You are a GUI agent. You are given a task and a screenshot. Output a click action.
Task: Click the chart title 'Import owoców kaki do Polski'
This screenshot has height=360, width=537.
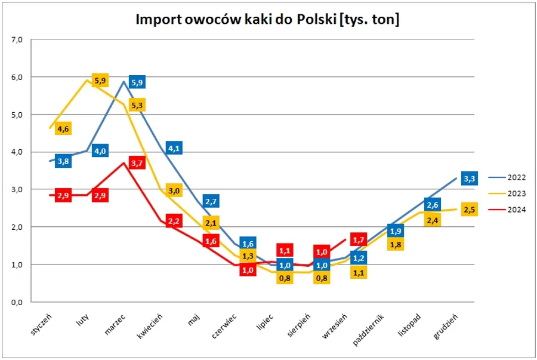(x=268, y=20)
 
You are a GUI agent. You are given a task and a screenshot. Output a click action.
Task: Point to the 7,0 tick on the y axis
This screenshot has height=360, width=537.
(x=16, y=40)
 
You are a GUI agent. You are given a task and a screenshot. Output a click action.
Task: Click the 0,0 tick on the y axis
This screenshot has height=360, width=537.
(x=16, y=302)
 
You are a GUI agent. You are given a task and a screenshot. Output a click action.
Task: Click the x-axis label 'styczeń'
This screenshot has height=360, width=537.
(x=44, y=323)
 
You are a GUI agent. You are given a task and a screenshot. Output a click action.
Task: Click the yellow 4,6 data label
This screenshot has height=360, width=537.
(x=63, y=128)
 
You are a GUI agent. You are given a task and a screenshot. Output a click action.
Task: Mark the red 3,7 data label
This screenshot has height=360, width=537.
(x=137, y=163)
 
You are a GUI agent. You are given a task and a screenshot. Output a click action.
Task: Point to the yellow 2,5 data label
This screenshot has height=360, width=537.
(x=470, y=210)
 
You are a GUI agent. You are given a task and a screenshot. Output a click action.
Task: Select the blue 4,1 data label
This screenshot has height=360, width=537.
(x=174, y=148)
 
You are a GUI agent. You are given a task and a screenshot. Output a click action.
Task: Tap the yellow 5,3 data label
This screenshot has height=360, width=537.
(x=137, y=105)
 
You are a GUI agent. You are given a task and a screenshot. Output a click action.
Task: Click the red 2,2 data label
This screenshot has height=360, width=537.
(x=174, y=221)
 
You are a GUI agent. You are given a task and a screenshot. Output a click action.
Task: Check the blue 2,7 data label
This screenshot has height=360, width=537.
(x=211, y=201)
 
